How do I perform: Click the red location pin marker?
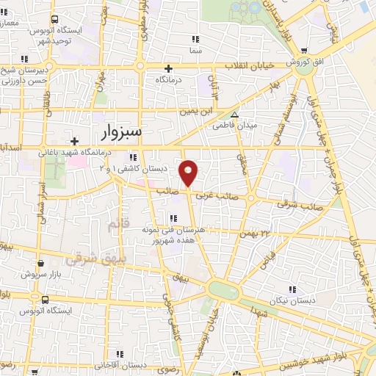[x=189, y=172]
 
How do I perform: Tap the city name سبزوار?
[x=122, y=132]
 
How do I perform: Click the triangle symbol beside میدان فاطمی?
[x=234, y=115]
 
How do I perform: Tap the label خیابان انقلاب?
[x=249, y=66]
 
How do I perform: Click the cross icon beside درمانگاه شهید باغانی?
[x=73, y=141]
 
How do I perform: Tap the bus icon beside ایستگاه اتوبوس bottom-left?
[x=46, y=300]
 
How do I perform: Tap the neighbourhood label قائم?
[x=112, y=221]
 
